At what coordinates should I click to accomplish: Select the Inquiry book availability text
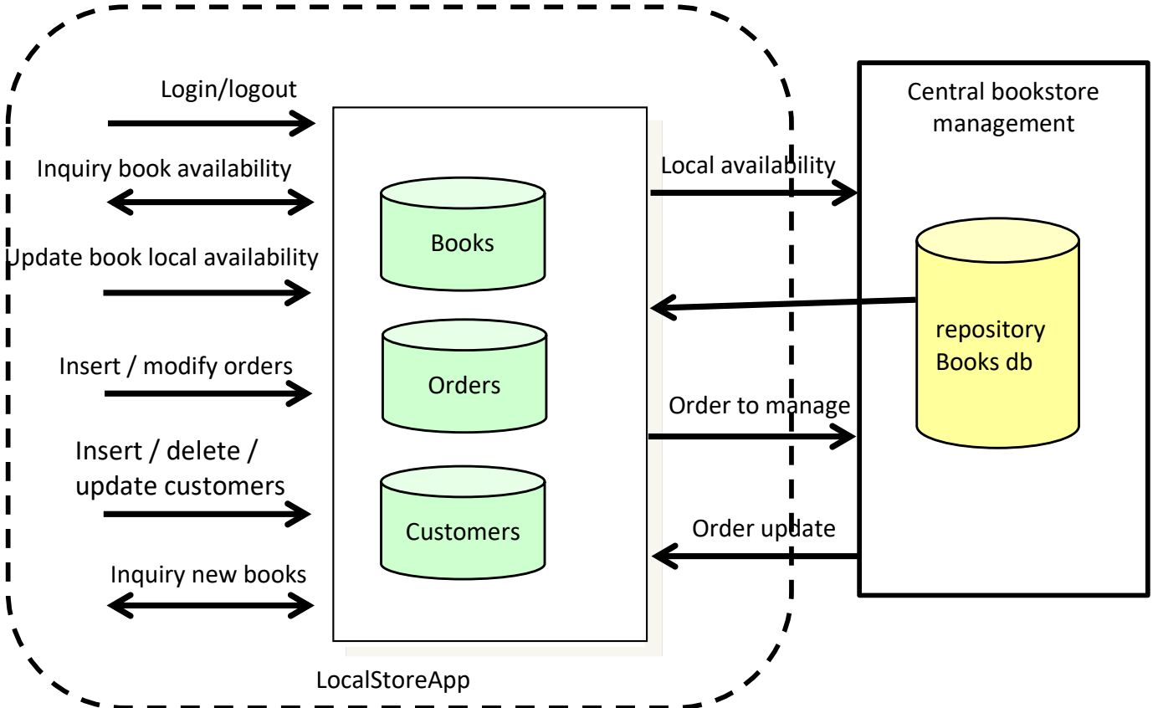[164, 169]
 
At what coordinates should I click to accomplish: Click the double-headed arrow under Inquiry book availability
[211, 201]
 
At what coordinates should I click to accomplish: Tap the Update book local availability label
[162, 257]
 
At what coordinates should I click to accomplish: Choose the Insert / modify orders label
[176, 366]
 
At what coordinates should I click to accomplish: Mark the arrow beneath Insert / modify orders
[207, 392]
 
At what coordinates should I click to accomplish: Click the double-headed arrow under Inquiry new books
[211, 603]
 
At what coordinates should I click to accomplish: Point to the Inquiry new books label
[208, 575]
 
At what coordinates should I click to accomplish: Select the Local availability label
[748, 166]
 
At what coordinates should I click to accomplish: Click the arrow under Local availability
[754, 193]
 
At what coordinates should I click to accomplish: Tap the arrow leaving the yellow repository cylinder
[782, 305]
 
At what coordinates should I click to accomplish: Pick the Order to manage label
[759, 406]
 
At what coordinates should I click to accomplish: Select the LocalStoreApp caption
[393, 680]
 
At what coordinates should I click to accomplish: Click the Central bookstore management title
[1003, 107]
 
